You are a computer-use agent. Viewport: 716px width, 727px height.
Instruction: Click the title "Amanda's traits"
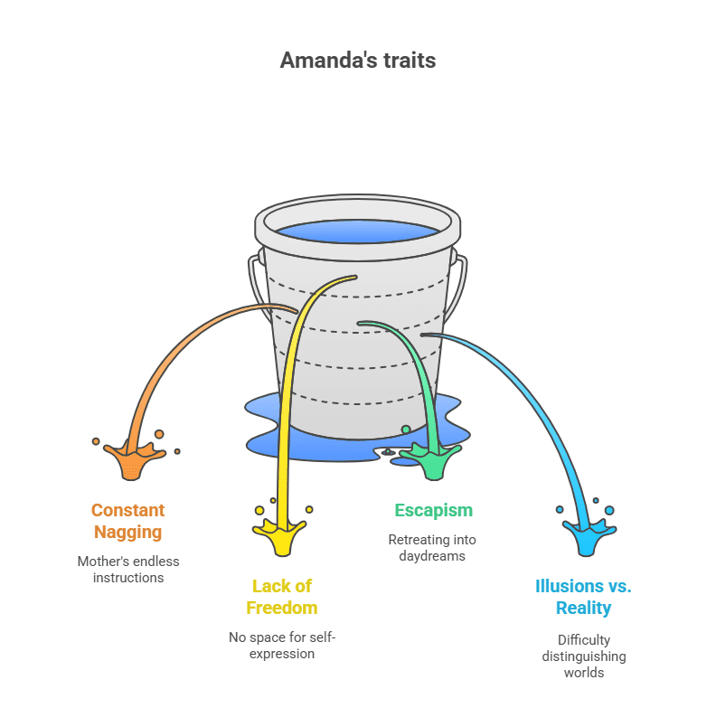[x=357, y=61]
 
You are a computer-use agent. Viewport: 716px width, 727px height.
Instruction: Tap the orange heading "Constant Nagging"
[x=127, y=521]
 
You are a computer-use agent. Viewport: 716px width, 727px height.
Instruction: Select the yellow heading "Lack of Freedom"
[x=281, y=596]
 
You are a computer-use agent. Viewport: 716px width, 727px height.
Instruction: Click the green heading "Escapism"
[x=433, y=510]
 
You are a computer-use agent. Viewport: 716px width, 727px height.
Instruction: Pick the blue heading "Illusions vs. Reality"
[x=583, y=596]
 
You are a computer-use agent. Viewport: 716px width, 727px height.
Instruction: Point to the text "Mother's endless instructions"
[x=127, y=569]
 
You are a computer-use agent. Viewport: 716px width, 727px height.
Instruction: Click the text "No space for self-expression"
[x=281, y=645]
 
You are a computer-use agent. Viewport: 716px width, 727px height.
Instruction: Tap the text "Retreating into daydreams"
[x=432, y=547]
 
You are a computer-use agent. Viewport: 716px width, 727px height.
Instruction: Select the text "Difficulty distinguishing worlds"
[x=583, y=656]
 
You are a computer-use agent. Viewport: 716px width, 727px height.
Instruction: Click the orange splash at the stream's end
[x=134, y=461]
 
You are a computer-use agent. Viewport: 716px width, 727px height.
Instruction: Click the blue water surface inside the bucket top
[x=357, y=231]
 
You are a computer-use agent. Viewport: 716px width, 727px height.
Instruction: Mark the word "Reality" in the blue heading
[x=583, y=608]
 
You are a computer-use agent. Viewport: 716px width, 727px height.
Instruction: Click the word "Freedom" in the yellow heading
[x=281, y=608]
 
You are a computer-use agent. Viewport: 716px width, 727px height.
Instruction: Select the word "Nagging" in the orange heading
[x=127, y=532]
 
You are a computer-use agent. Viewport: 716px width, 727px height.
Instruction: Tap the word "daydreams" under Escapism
[x=432, y=555]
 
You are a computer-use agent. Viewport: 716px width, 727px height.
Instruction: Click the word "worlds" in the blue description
[x=583, y=672]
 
